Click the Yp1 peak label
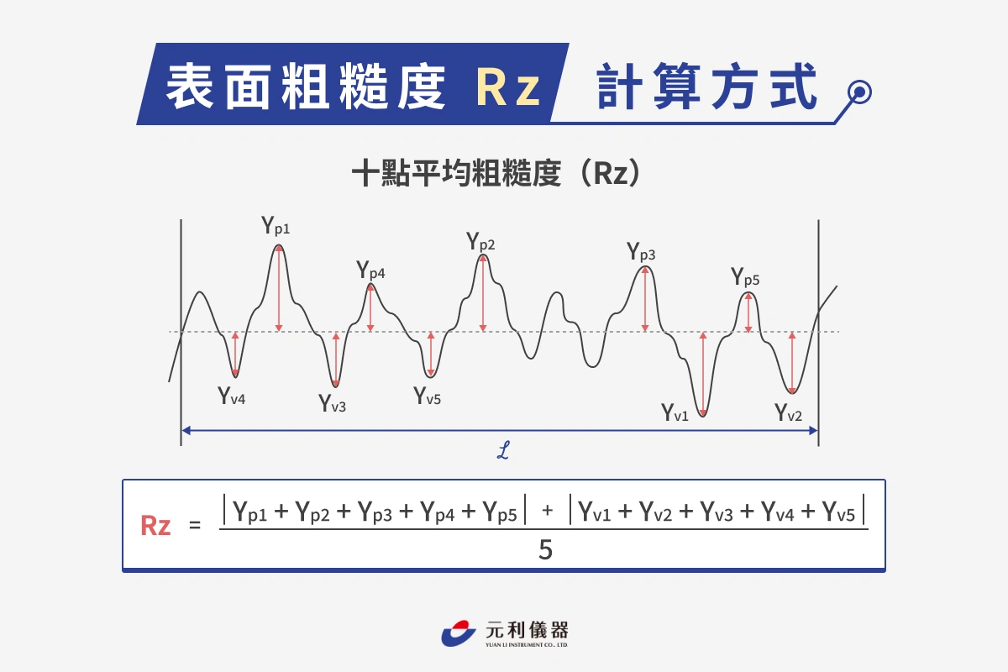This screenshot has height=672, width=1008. point(276,225)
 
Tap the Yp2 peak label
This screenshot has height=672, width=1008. point(480,241)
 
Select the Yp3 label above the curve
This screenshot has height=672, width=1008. point(641,252)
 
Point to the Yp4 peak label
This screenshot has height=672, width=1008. point(370,270)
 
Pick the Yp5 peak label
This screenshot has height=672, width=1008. point(745,276)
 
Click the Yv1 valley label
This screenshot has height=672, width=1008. point(675,412)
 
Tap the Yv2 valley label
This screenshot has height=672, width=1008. point(788,412)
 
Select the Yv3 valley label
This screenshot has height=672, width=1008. point(332,403)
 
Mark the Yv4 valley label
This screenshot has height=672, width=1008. point(231,396)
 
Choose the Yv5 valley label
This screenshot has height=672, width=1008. point(427,396)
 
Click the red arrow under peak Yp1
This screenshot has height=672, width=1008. point(279,288)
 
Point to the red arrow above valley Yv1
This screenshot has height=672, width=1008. point(703,374)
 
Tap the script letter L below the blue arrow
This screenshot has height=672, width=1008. point(503,450)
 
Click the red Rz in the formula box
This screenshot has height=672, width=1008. point(155,525)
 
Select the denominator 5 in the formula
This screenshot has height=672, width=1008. point(545,549)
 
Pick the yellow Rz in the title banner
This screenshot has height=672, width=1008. point(507,87)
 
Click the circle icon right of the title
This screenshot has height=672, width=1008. point(859,92)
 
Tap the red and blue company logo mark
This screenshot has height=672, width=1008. point(458,633)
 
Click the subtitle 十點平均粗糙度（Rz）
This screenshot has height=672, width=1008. point(496,173)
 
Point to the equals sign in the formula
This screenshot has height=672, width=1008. point(195,525)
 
